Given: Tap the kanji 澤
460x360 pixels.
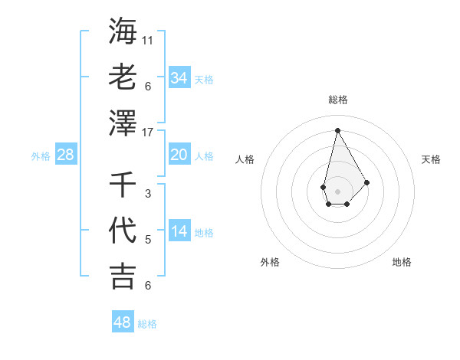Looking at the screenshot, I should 123,122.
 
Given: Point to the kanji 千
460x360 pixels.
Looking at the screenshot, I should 123,184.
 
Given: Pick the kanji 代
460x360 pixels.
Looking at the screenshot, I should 123,230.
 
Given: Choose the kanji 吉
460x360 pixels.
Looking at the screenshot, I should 123,276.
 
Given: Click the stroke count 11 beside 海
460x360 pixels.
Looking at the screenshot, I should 149,40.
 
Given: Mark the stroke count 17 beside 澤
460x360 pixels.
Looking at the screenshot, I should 149,132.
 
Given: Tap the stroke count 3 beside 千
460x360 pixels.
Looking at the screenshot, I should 148,194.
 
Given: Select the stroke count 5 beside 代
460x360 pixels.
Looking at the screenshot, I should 148,240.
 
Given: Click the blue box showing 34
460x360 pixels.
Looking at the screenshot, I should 179,78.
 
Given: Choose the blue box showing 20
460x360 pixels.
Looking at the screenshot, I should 179,155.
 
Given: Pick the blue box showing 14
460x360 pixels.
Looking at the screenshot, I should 179,231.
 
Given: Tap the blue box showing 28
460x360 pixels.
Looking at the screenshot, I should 66,155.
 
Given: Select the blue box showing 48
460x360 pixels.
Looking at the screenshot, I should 123,322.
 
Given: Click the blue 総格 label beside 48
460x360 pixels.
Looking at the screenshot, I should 147,324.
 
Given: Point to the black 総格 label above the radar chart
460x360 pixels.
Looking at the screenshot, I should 337,100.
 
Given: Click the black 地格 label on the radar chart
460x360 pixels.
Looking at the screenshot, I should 402,262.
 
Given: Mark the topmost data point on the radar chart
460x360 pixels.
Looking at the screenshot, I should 337,129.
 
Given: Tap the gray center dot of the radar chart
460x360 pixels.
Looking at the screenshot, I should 337,190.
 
